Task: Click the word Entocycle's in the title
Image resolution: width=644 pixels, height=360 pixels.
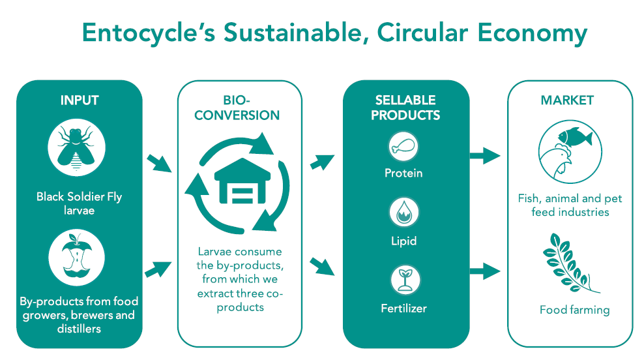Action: point(149,32)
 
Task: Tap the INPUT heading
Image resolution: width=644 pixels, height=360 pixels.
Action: point(80,100)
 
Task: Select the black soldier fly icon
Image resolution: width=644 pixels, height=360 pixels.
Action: point(76,147)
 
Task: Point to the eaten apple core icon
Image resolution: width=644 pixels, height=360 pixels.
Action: point(77,257)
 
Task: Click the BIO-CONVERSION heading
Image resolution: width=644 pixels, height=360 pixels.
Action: point(237,108)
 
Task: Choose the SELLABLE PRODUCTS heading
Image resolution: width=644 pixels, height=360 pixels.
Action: point(405,108)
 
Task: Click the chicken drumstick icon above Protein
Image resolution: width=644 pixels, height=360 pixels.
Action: point(403,146)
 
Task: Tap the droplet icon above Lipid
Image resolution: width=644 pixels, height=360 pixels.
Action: point(403,213)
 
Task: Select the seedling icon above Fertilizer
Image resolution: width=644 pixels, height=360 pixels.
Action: point(405,280)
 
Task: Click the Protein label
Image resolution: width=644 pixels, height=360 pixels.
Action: point(403,173)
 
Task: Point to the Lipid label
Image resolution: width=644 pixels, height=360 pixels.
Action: point(403,241)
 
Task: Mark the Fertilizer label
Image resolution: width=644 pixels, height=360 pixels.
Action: point(403,308)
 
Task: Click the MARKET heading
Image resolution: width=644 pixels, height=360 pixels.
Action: point(567,100)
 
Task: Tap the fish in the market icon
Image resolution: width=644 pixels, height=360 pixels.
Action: point(575,136)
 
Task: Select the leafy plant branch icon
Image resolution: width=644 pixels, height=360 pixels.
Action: point(571,263)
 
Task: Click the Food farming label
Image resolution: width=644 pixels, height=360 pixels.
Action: point(575,310)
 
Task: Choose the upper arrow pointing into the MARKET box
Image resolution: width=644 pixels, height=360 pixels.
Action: point(485,156)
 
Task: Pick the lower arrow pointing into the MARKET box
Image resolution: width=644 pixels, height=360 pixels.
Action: point(485,271)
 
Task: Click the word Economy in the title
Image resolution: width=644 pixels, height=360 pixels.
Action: point(533,33)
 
